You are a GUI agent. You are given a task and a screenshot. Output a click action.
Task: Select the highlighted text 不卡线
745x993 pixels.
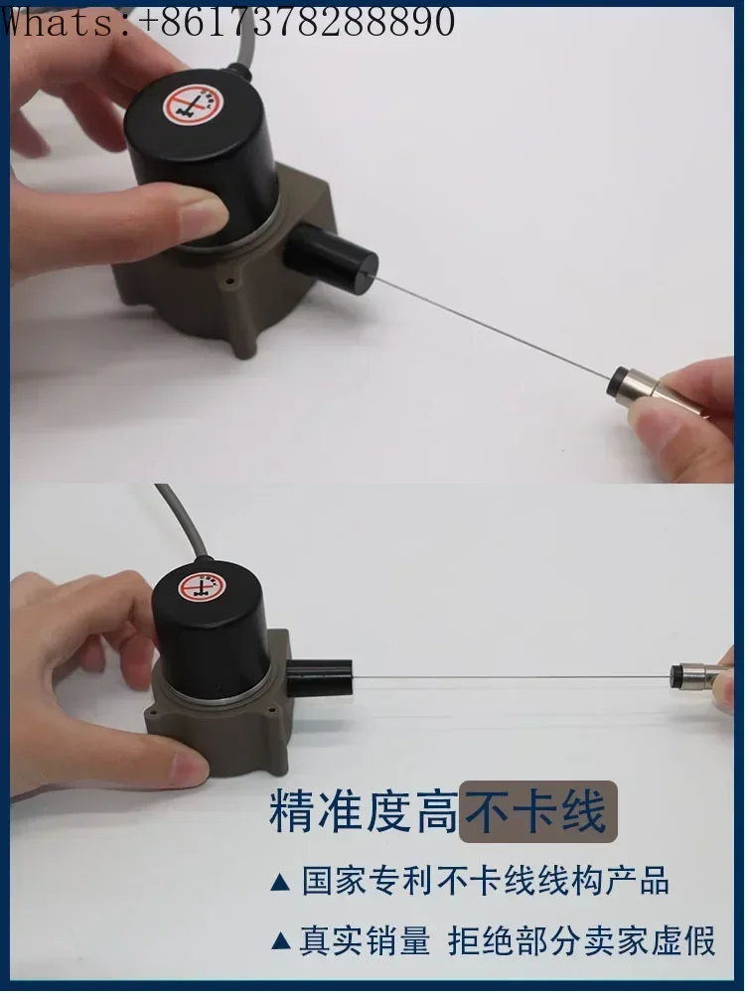[536, 811]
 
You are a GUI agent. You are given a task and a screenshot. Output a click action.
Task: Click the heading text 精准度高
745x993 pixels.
[363, 811]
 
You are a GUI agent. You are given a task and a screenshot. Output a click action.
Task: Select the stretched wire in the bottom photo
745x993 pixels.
[517, 677]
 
